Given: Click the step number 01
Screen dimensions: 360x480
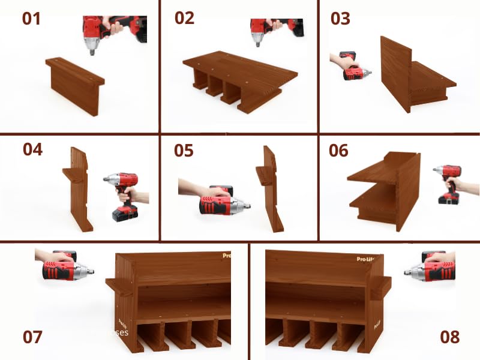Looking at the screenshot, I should coord(31,19).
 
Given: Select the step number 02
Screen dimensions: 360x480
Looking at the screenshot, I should coord(185,18).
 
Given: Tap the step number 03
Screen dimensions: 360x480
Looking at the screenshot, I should coord(340,19).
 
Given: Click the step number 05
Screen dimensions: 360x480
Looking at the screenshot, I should coord(184,150).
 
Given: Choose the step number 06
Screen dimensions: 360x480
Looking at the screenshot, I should coord(338,150).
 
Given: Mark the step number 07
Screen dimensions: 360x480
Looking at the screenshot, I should coord(32,337).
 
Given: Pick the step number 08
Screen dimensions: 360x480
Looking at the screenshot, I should coord(449,337).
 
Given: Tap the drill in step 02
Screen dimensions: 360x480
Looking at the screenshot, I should coord(263,28).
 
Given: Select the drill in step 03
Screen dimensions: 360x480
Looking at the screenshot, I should coord(354,68).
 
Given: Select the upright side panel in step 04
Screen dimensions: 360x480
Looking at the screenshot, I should coord(79,189).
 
